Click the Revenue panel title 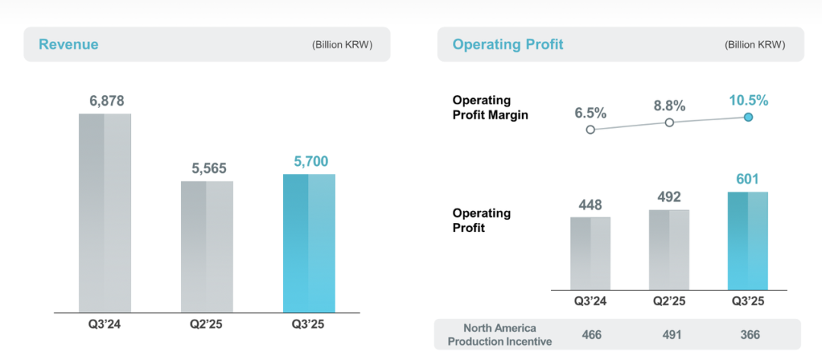68,44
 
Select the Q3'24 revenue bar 105,213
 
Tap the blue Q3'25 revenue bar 308,244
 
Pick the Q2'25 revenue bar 207,247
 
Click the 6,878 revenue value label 105,101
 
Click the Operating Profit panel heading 508,44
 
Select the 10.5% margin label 747,100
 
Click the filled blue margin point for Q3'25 748,117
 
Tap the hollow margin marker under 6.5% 591,129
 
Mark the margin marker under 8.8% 670,123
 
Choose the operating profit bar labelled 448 591,253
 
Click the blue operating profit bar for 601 748,240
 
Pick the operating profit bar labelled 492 670,249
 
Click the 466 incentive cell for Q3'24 591,334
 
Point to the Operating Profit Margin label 491,107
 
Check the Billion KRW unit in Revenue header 342,45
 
